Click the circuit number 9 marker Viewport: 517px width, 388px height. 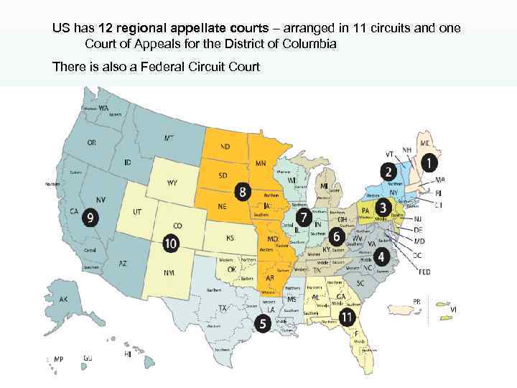coord(90,216)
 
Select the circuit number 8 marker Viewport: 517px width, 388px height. coord(244,192)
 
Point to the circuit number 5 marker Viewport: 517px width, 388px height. coord(264,324)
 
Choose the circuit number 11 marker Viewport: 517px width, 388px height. coord(348,316)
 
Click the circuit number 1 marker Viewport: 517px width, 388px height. coord(429,164)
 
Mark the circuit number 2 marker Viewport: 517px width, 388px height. coord(388,172)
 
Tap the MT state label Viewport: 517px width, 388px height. coord(169,137)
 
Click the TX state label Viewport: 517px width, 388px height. coord(223,309)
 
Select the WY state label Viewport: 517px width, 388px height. coord(172,183)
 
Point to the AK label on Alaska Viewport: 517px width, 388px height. coord(63,300)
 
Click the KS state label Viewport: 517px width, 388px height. coord(230,238)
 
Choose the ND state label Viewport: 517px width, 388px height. coord(225,147)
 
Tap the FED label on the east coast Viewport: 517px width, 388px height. coord(425,272)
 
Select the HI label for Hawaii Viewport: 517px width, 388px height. coord(127,354)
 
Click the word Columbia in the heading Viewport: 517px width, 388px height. coord(310,45)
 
